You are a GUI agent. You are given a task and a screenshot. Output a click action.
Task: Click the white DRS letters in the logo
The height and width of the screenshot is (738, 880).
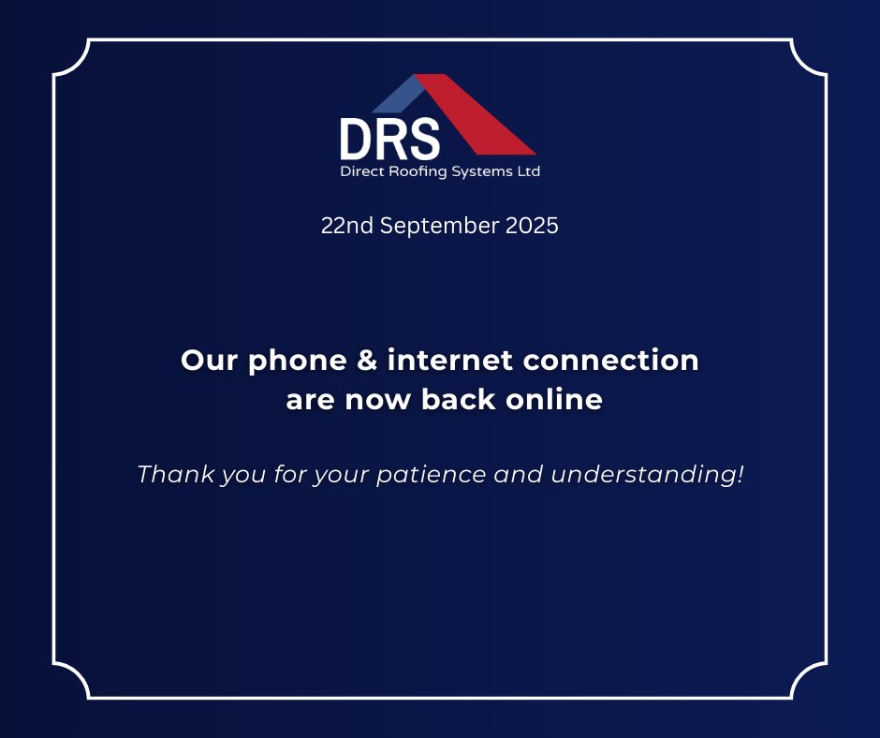(x=389, y=139)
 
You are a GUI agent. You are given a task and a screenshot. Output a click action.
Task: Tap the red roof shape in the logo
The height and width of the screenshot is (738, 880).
(x=477, y=117)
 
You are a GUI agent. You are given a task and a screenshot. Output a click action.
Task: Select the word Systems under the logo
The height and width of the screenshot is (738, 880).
(x=480, y=172)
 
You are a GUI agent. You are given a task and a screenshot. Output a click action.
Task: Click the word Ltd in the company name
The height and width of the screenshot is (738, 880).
(x=527, y=172)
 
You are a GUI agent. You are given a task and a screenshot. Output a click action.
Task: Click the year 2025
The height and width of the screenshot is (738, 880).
(x=531, y=227)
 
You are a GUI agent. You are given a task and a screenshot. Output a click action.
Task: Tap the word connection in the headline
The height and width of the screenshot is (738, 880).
(x=614, y=361)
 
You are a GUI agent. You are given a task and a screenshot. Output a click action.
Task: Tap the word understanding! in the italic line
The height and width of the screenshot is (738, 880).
(x=647, y=475)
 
